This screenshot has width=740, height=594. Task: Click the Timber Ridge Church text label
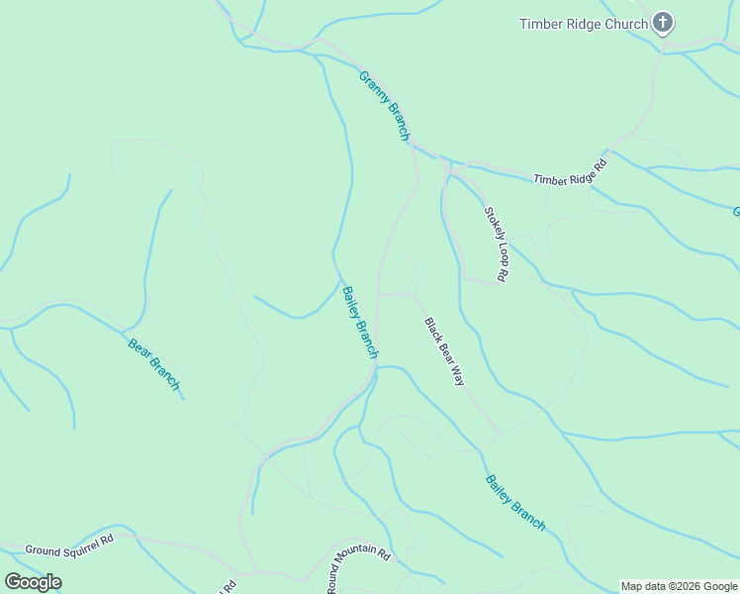click(x=584, y=24)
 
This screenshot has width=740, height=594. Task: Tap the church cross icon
click(x=663, y=23)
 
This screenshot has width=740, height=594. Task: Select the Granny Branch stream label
click(x=384, y=106)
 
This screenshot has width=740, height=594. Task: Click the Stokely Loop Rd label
click(x=496, y=245)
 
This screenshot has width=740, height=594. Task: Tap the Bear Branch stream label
click(x=154, y=364)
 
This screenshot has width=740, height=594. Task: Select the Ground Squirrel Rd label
click(x=69, y=544)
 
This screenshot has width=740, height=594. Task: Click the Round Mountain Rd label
click(x=359, y=568)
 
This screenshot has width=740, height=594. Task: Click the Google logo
click(x=34, y=582)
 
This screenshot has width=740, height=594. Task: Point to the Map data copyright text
click(x=679, y=586)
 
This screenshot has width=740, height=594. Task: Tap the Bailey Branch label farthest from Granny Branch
click(x=514, y=503)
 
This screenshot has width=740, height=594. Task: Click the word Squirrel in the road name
click(x=84, y=543)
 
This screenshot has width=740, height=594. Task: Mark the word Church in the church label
click(x=625, y=24)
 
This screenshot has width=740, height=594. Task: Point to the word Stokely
click(x=491, y=226)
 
